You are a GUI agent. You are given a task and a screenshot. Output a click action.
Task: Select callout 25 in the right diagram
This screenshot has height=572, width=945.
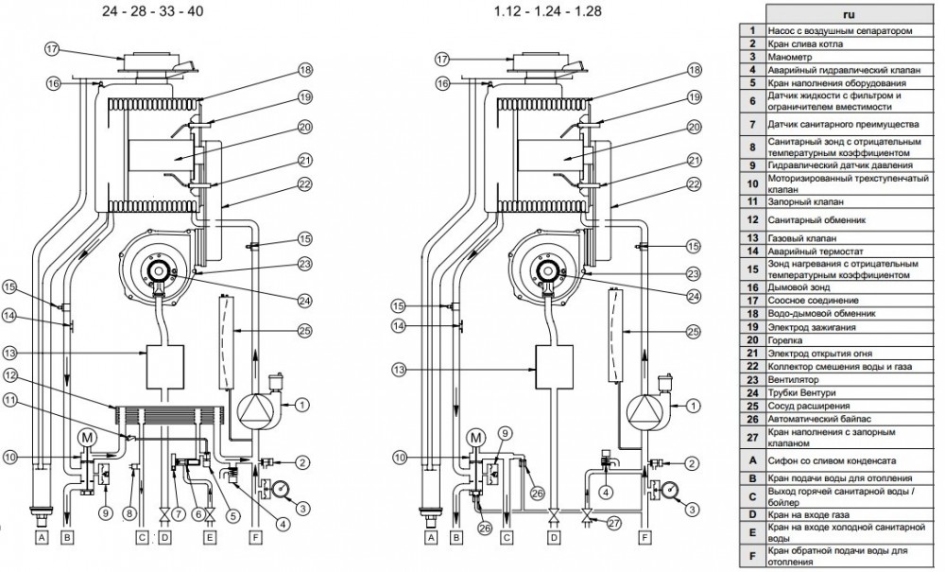click(x=694, y=331)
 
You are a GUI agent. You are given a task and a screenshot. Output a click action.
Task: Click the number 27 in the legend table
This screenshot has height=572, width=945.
click(x=753, y=438)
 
